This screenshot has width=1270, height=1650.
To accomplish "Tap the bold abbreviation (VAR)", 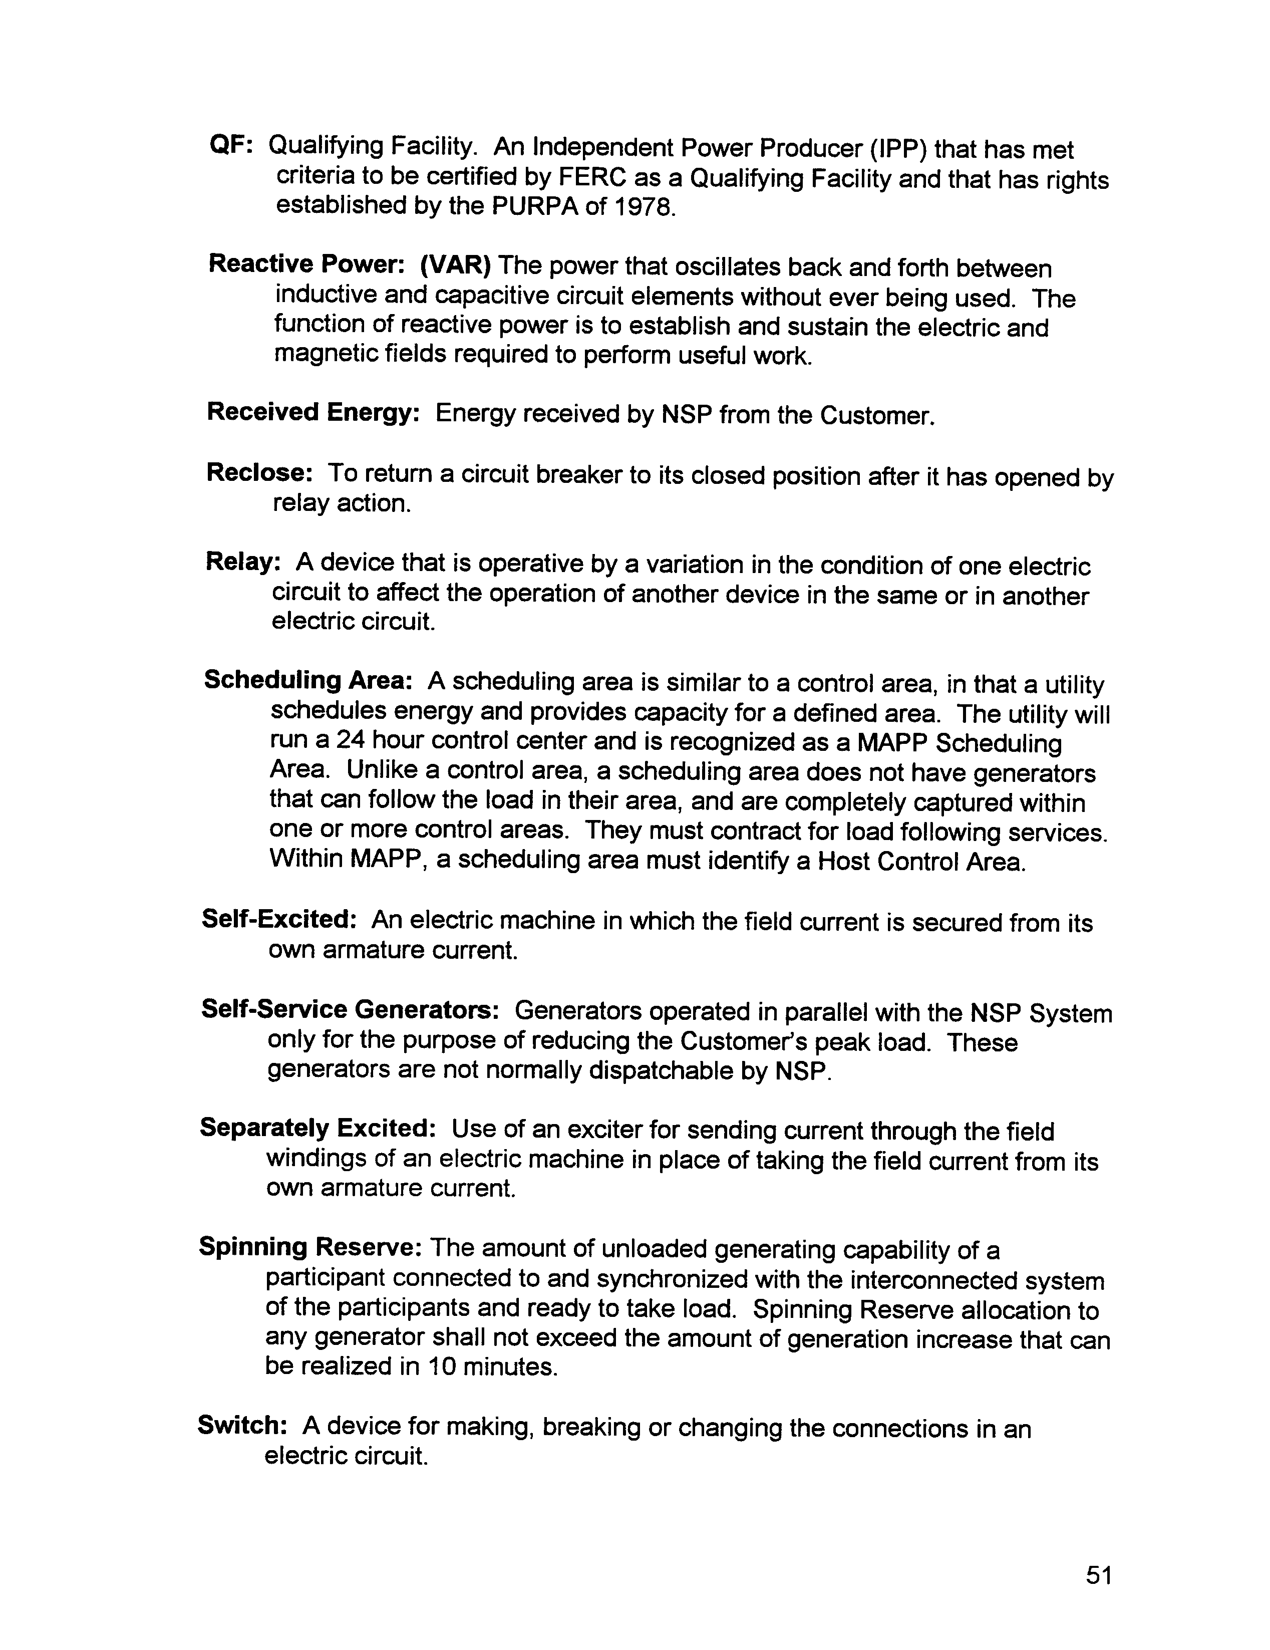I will tap(455, 265).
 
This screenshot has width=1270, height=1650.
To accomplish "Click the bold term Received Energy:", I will tap(313, 413).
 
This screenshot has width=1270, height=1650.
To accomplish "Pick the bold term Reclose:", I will tap(259, 473).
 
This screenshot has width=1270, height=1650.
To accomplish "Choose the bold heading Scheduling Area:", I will tap(307, 680).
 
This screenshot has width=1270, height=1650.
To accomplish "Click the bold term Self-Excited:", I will tap(279, 919).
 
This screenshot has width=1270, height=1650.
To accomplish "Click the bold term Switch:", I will tap(242, 1426).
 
